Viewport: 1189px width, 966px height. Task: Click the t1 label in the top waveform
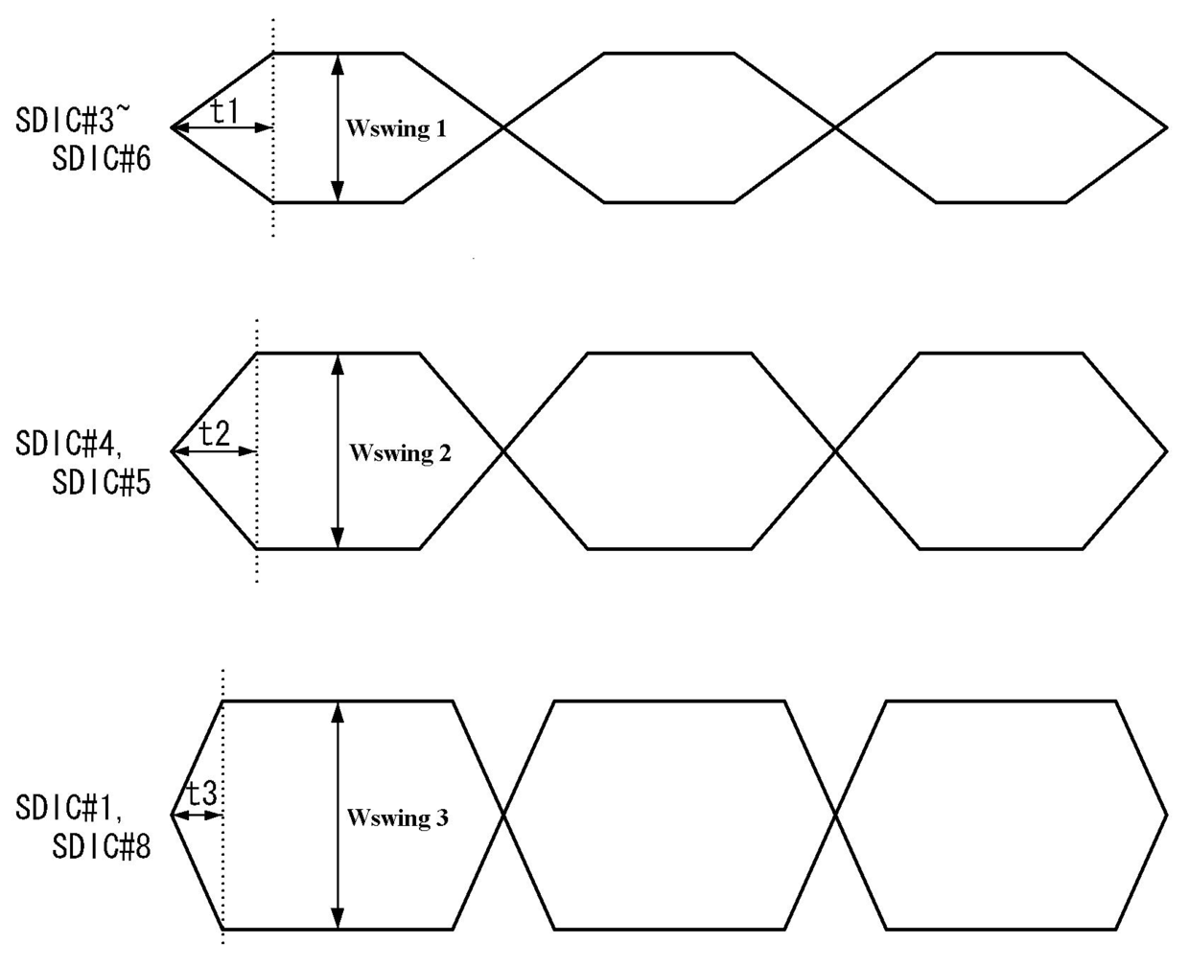223,112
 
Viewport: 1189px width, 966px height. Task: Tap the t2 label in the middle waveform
214,435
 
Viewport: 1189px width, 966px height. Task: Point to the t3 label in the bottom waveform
200,794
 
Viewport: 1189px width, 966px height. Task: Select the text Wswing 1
396,128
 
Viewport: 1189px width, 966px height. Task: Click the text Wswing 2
400,452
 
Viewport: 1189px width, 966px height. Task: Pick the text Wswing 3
397,817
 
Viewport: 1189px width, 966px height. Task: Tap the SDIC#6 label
102,158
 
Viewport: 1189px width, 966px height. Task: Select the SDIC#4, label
70,445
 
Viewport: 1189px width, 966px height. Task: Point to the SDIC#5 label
102,482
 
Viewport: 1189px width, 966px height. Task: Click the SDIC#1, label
70,809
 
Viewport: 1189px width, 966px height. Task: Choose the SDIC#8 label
102,847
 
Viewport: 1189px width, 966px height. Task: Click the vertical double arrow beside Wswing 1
338,127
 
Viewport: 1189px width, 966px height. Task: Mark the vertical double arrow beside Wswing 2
338,450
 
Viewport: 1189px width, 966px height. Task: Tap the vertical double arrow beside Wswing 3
338,815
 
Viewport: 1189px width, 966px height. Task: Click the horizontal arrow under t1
222,127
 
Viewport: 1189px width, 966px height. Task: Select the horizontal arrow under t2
214,450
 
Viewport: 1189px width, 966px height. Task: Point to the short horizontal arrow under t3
198,816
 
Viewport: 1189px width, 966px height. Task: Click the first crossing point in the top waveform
503,127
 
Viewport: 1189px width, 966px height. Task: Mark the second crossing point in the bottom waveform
836,816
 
